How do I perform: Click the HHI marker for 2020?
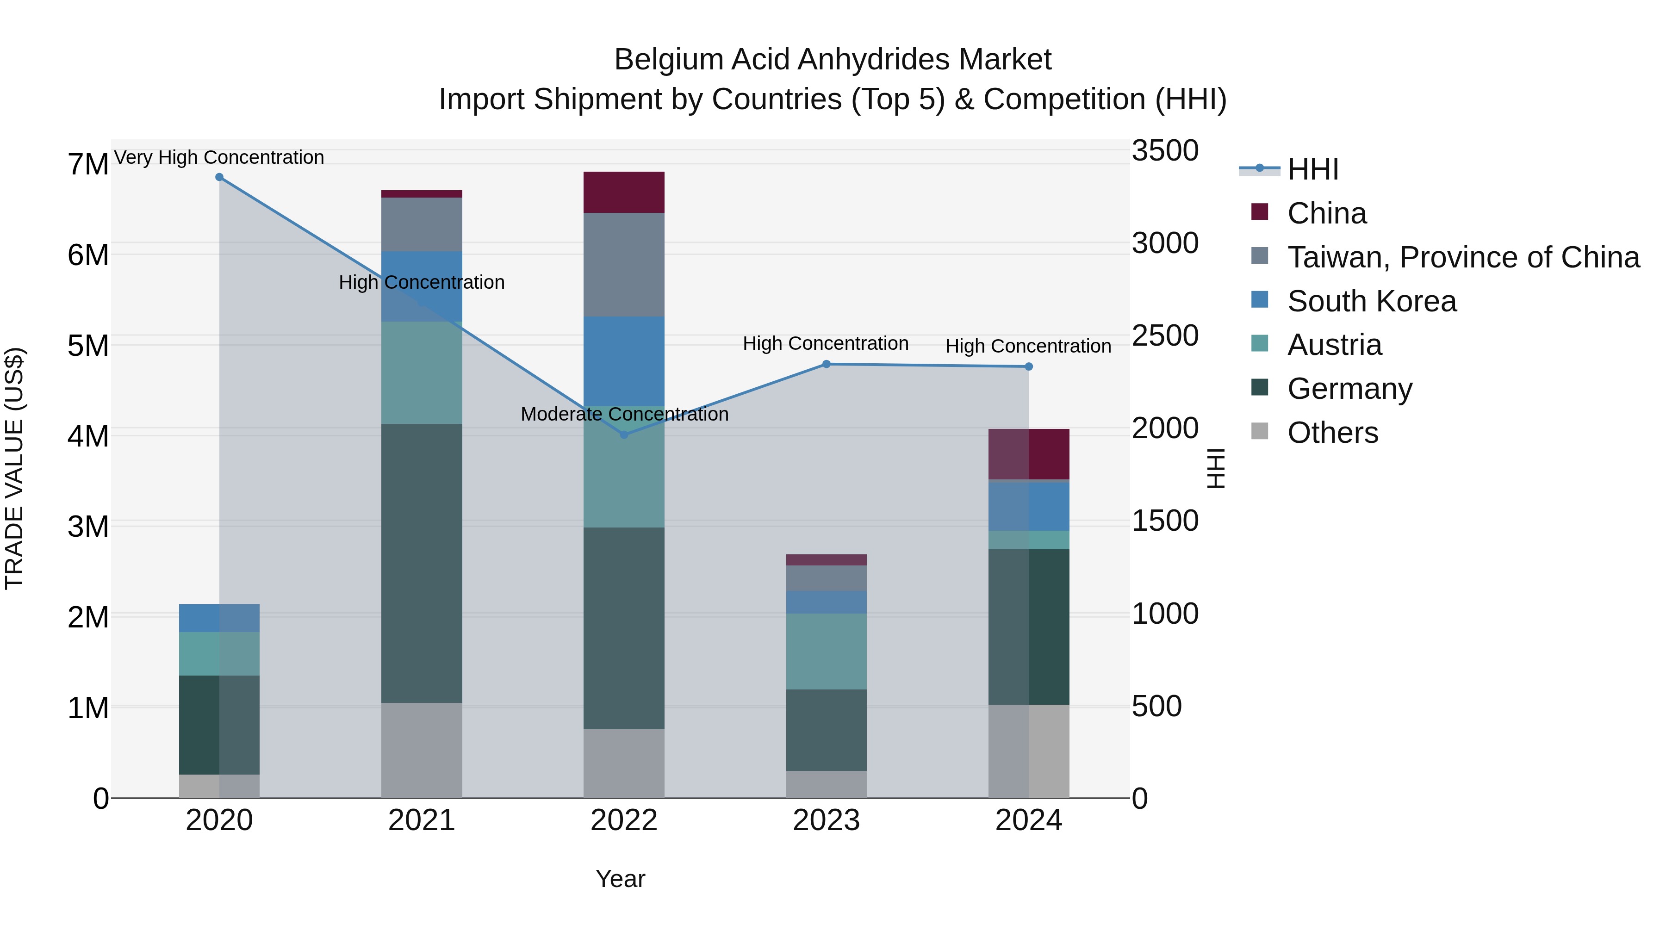coord(219,177)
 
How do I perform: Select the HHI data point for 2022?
coord(624,434)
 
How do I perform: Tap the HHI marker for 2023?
coord(826,364)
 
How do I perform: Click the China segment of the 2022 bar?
coord(624,192)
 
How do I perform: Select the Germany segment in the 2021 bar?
coord(422,563)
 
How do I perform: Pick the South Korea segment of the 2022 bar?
coord(624,361)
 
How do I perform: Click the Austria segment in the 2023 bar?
coord(826,651)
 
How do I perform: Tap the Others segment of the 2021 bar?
coord(422,750)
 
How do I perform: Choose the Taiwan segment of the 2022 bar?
coord(624,265)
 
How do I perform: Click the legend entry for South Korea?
coord(1371,301)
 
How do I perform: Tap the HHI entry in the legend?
coord(1312,169)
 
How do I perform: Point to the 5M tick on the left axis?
coord(88,345)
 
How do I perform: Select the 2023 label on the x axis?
coord(826,820)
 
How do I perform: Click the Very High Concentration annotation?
coord(219,157)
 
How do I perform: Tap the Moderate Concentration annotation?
coord(624,414)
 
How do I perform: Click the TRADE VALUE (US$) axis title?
coord(14,468)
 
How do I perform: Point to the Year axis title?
coord(620,879)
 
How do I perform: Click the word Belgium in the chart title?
coord(669,60)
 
